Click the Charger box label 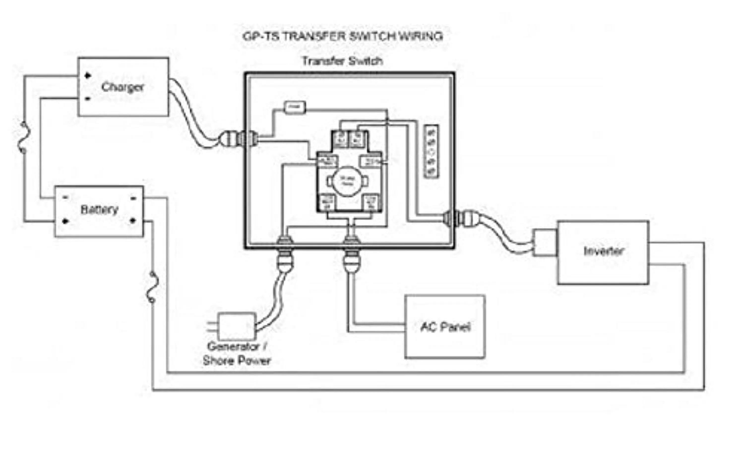tap(123, 87)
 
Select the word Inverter tap(603, 251)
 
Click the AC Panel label tap(445, 327)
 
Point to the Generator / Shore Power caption tap(237, 353)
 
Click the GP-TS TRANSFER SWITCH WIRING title tap(343, 36)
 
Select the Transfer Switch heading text tap(342, 61)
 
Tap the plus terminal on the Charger tap(88, 75)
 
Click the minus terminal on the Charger tap(88, 99)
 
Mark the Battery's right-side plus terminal tap(133, 221)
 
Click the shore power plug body tap(236, 327)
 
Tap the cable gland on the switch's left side tap(239, 139)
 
